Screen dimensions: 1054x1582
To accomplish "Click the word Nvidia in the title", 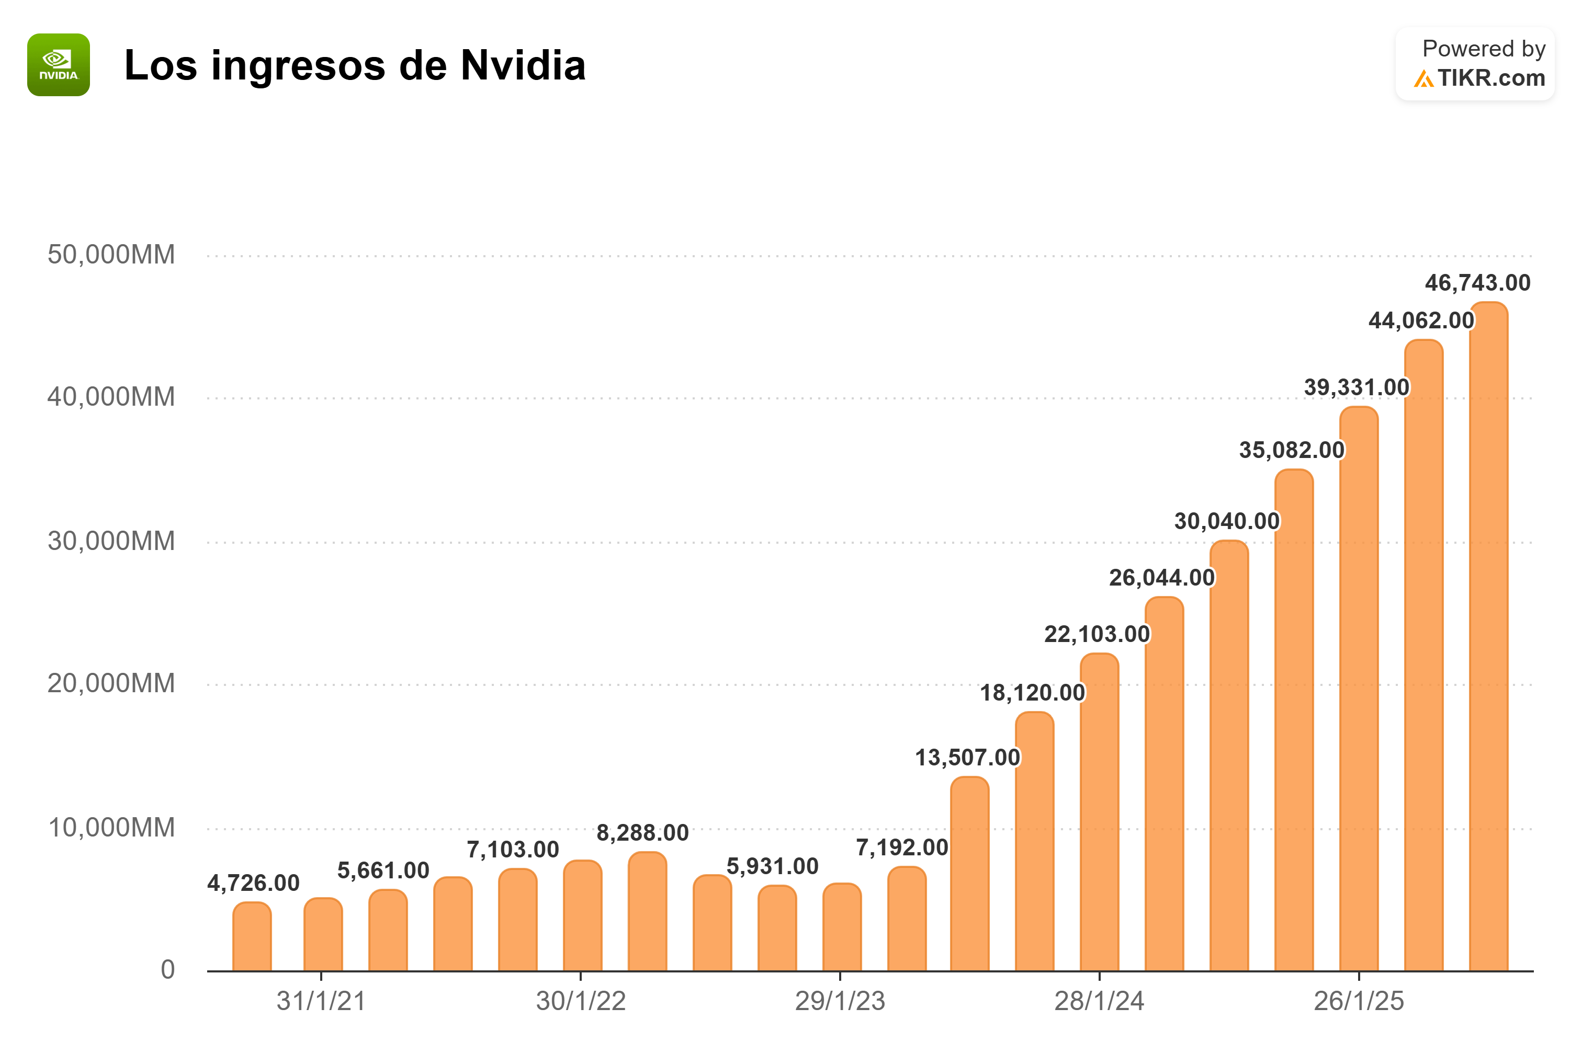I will [523, 66].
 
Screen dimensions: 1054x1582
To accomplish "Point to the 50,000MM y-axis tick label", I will [111, 255].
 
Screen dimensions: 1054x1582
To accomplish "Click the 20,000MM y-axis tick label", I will [111, 684].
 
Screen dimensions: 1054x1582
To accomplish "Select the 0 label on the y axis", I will [167, 970].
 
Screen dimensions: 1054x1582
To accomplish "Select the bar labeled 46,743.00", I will [1488, 638].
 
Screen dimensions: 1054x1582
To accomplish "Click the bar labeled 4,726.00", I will [252, 938].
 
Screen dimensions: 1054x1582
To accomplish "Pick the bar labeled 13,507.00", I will [969, 874].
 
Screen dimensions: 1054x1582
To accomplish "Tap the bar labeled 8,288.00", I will [647, 912].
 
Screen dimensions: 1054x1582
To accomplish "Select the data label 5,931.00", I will [772, 866].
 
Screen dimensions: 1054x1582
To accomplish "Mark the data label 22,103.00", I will [1097, 634].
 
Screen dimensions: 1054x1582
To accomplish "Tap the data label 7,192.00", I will [901, 847].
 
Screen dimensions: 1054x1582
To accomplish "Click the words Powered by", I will [1483, 49].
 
